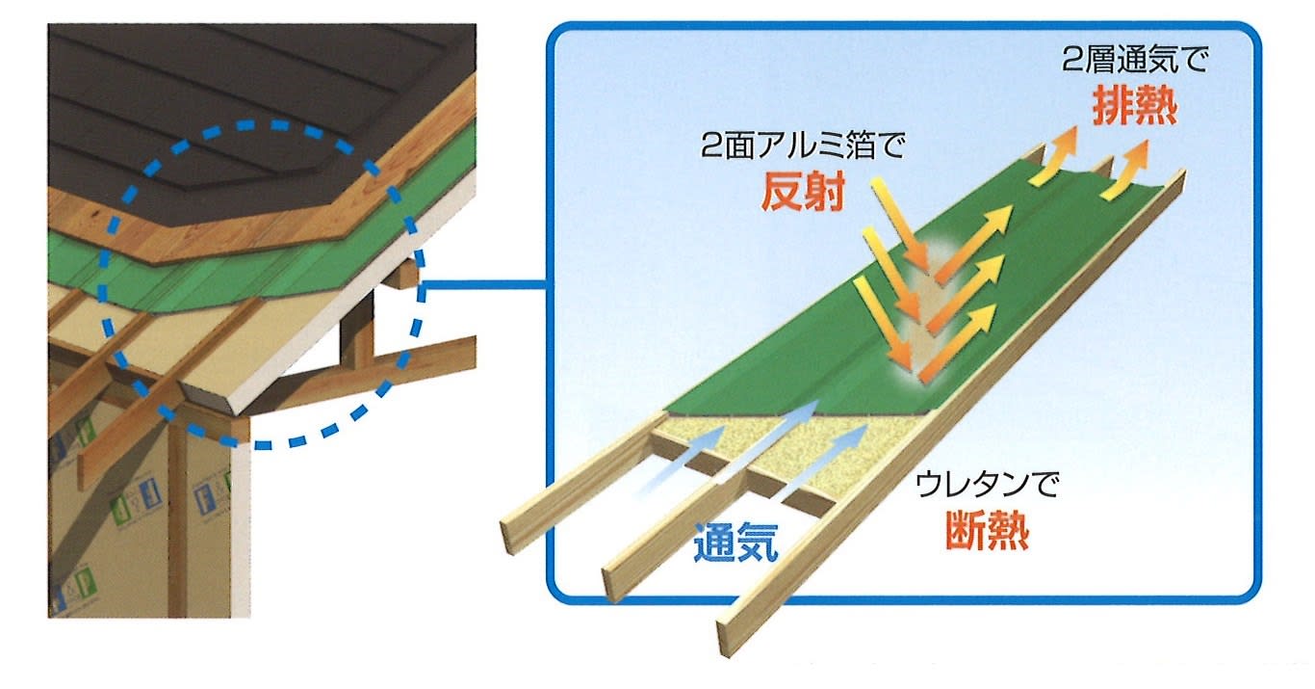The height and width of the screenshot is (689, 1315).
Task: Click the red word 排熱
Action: (x=1135, y=106)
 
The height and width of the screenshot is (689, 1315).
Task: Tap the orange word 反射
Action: (x=803, y=192)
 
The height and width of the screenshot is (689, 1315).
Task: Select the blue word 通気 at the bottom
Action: (x=735, y=542)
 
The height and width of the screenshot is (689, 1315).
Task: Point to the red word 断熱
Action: (x=987, y=531)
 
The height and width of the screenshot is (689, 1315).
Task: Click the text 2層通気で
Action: (x=1135, y=60)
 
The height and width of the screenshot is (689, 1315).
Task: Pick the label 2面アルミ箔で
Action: (x=803, y=146)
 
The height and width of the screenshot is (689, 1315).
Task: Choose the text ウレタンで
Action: (x=987, y=485)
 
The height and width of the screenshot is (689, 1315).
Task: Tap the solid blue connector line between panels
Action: (x=485, y=286)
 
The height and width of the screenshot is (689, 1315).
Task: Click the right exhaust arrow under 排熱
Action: (x=1126, y=170)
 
